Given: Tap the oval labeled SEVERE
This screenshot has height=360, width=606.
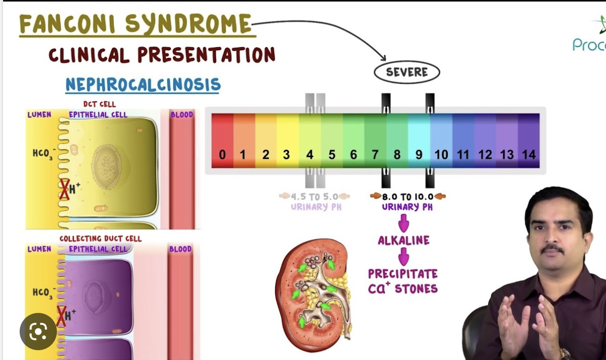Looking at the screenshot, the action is click(x=406, y=72).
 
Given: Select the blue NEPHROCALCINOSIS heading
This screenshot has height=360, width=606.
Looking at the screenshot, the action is click(x=143, y=85).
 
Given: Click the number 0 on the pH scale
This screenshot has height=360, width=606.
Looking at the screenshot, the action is click(x=222, y=155).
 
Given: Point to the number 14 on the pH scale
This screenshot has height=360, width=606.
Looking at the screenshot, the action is click(x=528, y=155).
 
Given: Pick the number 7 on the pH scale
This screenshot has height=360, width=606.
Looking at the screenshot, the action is click(x=375, y=155).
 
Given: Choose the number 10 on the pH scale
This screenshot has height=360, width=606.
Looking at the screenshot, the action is click(x=441, y=155).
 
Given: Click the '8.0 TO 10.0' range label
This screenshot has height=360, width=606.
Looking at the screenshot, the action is click(x=407, y=197).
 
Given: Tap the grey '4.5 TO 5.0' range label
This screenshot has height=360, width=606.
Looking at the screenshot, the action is click(x=314, y=197).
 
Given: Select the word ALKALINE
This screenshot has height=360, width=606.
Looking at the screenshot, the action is click(x=403, y=241).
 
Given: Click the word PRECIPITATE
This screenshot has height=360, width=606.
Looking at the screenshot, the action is click(x=403, y=274).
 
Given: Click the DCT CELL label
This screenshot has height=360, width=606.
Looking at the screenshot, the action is click(x=99, y=104).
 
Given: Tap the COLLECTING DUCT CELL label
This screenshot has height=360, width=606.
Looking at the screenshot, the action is click(x=100, y=239).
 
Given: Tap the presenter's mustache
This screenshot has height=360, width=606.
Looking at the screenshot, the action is click(x=553, y=249).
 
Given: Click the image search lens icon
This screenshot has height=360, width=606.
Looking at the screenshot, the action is click(x=38, y=331).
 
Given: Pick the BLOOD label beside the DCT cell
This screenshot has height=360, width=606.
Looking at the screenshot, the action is click(x=181, y=114).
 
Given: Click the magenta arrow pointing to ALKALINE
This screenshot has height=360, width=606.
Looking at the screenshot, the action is click(x=404, y=224).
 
